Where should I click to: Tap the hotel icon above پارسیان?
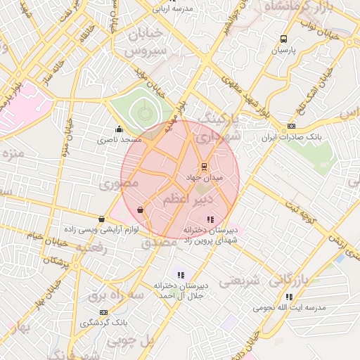click(x=283, y=39)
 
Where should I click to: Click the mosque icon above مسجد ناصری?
click(x=118, y=129)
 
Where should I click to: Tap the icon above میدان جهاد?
click(x=204, y=167)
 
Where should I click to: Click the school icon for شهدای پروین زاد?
click(x=211, y=220)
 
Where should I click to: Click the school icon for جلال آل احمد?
click(x=181, y=275)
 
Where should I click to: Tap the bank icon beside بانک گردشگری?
click(x=104, y=312)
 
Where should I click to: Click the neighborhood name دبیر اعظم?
click(x=188, y=201)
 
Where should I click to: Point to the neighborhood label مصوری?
click(x=118, y=184)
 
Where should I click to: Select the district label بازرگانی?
click(x=288, y=281)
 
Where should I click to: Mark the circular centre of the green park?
click(x=143, y=110)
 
